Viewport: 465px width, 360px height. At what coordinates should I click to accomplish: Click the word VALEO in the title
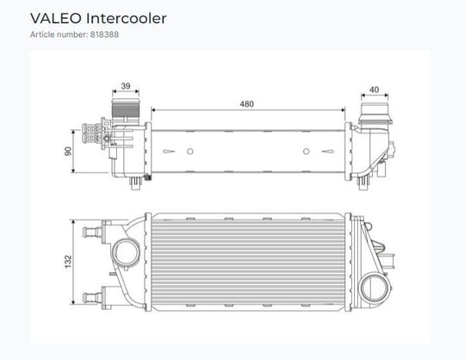click(56, 18)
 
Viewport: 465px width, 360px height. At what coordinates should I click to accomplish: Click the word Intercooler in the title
click(127, 18)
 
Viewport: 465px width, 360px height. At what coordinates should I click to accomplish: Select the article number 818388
click(104, 34)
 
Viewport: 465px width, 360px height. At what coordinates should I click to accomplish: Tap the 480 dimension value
click(247, 104)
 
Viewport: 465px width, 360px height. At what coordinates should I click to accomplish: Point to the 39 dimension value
click(126, 86)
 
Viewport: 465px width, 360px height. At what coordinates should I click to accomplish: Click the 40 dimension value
click(375, 90)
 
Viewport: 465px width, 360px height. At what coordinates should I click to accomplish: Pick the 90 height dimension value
click(68, 152)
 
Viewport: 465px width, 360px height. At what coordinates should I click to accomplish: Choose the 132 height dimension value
click(68, 262)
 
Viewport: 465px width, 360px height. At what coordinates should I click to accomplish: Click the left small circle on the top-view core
click(190, 152)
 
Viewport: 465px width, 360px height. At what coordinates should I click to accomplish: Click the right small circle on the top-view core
click(307, 152)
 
